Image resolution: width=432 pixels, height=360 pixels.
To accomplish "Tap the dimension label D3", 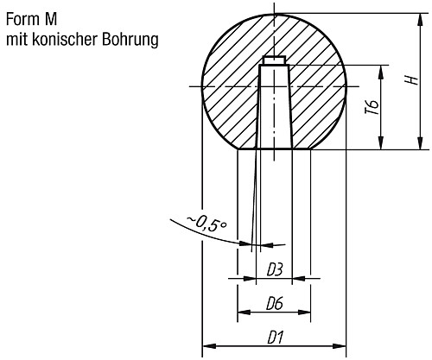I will click(275, 269).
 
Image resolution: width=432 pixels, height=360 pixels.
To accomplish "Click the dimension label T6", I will click(372, 110).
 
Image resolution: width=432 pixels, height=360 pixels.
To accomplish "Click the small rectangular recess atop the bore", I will click(275, 61).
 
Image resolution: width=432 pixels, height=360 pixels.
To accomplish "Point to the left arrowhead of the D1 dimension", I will click(206, 349).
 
